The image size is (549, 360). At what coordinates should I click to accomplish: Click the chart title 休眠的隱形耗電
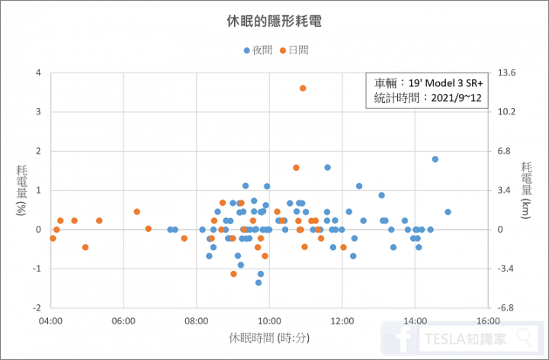coord(274,21)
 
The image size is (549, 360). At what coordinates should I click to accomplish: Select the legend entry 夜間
coord(257,50)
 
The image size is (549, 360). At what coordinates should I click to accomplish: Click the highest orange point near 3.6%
coord(303,88)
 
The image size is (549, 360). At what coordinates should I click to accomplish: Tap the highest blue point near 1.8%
coord(435,159)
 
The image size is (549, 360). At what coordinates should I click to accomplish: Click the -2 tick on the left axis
coord(37,307)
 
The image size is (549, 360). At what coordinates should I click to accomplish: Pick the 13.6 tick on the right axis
coord(508,73)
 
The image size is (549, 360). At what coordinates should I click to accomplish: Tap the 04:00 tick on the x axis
coord(50,321)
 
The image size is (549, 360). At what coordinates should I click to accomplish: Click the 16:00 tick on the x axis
coord(488,321)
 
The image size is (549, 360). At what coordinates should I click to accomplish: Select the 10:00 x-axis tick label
coord(269,321)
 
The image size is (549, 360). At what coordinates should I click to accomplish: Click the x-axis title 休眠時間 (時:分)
coord(269,337)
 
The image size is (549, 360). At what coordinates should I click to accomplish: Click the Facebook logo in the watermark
coord(401,338)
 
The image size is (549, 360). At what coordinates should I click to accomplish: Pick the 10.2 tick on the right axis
coord(508,112)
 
